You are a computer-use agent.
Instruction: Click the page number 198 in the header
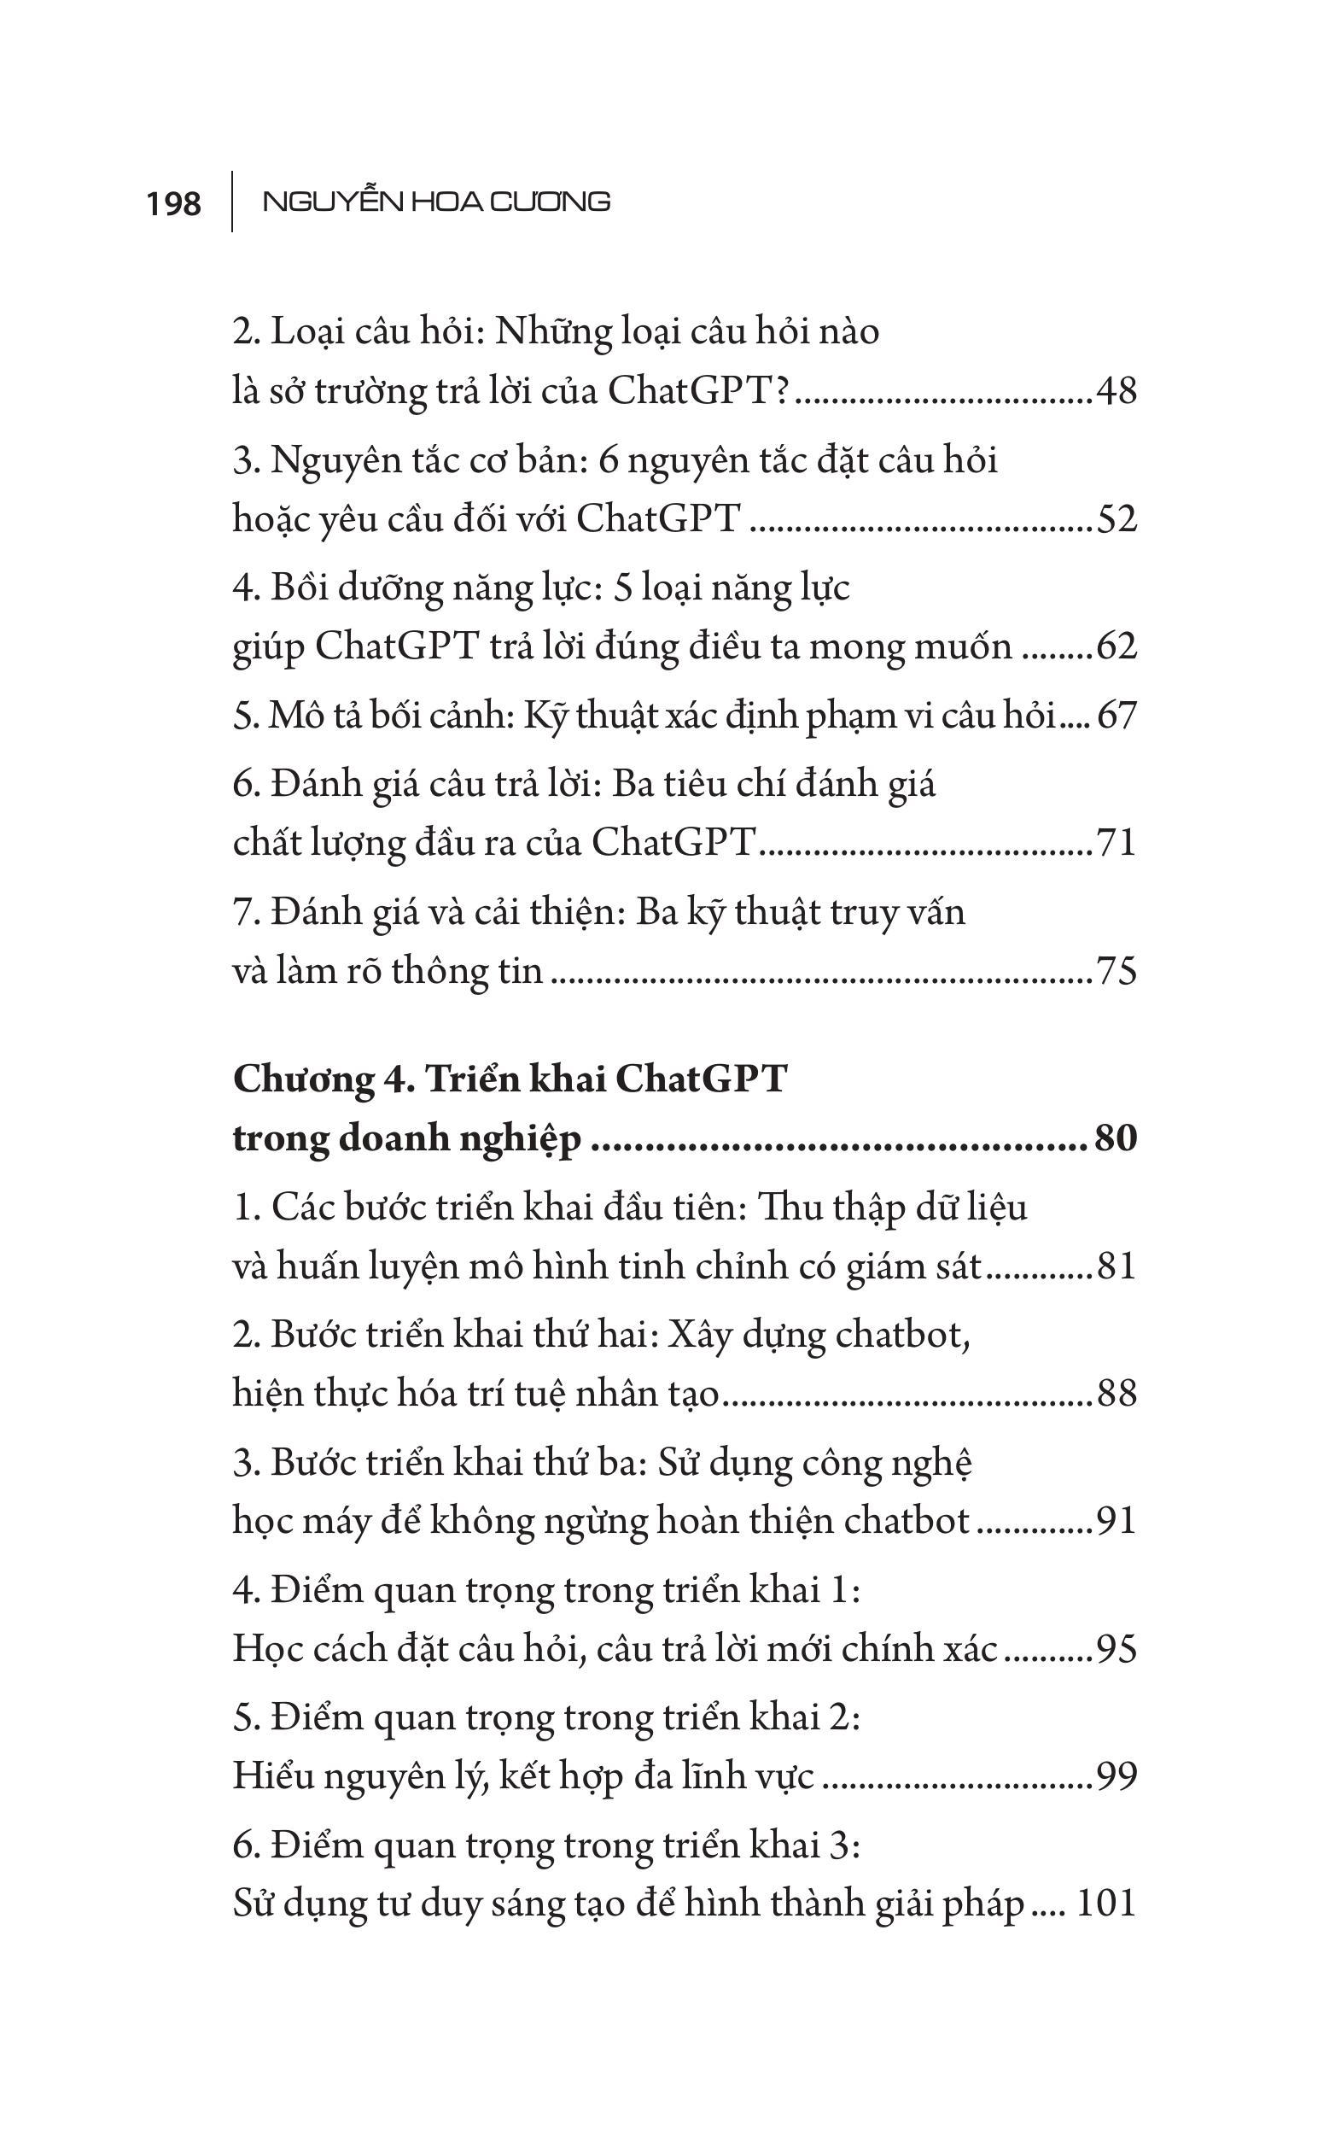coord(174,204)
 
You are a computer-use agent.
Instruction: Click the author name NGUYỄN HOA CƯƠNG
coord(437,202)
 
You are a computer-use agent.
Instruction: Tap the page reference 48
coord(1116,391)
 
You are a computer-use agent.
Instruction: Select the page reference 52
coord(1116,519)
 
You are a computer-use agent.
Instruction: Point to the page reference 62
coord(1116,647)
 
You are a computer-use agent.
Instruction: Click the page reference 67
coord(1117,716)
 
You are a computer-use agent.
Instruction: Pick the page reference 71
coord(1116,843)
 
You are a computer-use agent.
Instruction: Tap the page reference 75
coord(1116,971)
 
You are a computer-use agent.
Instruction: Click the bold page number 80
coord(1115,1138)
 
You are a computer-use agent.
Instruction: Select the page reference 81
coord(1116,1266)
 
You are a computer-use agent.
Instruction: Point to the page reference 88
coord(1116,1395)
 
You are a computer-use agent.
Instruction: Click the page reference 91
coord(1116,1522)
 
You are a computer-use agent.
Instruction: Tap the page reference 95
coord(1116,1649)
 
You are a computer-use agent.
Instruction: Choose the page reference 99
coord(1116,1776)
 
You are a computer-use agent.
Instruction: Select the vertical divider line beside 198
coord(232,202)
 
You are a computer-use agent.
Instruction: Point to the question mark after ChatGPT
coord(779,391)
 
